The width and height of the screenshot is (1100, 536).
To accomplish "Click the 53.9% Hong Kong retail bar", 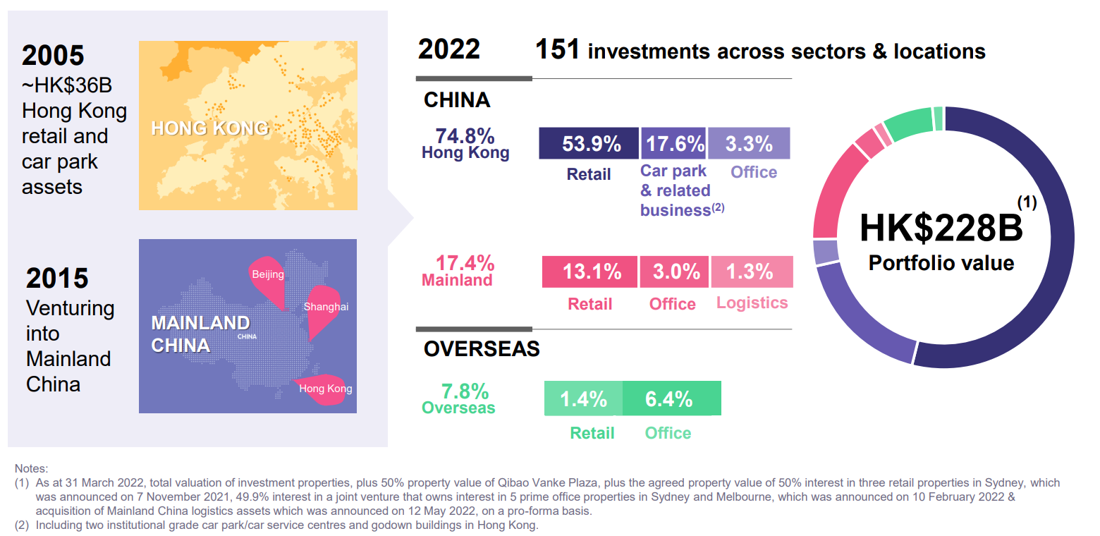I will click(x=589, y=143).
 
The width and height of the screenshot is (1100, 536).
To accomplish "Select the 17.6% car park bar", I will click(x=673, y=143).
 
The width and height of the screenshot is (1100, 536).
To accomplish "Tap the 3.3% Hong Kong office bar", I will click(x=749, y=143).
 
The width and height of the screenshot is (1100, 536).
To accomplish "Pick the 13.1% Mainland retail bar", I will click(x=589, y=272).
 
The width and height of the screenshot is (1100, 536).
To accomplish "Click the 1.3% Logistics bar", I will click(x=752, y=272).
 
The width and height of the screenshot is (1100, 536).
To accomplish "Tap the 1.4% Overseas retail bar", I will click(x=583, y=398).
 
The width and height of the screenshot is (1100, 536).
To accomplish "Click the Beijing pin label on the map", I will click(x=267, y=274).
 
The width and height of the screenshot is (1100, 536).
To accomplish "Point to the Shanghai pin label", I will click(x=326, y=307).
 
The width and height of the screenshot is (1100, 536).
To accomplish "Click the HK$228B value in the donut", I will click(x=941, y=228).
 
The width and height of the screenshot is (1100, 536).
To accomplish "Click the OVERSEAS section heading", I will click(x=482, y=348).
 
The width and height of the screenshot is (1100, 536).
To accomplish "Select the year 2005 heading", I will click(x=53, y=55).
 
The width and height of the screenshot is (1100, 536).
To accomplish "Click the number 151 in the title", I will click(x=557, y=50).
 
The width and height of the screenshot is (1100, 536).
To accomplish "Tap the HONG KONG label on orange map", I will click(x=210, y=128).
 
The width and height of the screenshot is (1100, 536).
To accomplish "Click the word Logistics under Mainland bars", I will click(x=752, y=303).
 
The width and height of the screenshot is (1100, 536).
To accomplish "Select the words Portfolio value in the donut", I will click(x=941, y=263).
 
